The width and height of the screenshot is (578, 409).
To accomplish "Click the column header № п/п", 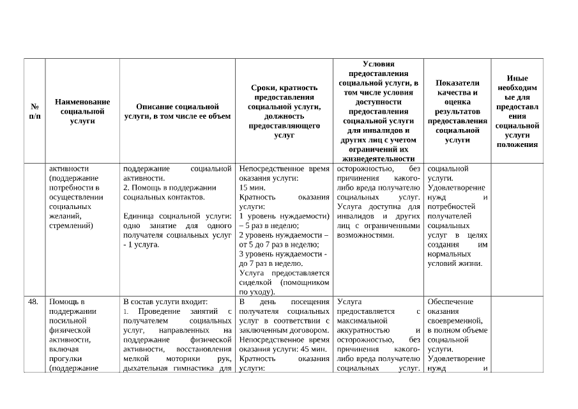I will (34, 111).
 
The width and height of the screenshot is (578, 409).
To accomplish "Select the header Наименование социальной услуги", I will (82, 111).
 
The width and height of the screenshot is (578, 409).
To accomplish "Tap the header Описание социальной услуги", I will (178, 111).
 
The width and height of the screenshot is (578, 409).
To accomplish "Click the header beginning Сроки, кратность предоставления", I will (284, 111).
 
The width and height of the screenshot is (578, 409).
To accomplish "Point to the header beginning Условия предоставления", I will (379, 111).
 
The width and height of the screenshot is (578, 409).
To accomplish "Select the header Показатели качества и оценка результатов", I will (457, 111).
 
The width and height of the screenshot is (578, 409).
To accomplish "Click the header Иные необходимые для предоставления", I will (517, 111).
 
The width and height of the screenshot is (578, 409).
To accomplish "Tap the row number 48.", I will (34, 302).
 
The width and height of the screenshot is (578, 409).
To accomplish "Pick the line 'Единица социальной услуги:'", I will (177, 217).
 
